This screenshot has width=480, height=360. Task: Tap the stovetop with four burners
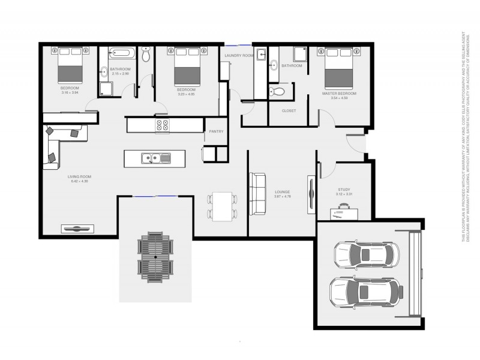tap(162, 125)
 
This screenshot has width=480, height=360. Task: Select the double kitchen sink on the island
tap(155, 158)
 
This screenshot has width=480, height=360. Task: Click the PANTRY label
tap(216, 131)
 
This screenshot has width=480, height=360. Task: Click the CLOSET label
tap(289, 110)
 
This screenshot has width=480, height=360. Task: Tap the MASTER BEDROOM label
tap(339, 94)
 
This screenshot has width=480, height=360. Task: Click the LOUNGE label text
tap(282, 192)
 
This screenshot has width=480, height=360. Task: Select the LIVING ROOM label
tap(79, 176)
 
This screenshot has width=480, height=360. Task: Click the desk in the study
tap(344, 211)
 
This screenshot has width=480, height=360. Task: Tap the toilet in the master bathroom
tap(277, 92)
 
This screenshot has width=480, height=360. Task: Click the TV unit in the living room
tap(78, 227)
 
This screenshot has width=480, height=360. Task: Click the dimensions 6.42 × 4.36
tap(79, 181)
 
